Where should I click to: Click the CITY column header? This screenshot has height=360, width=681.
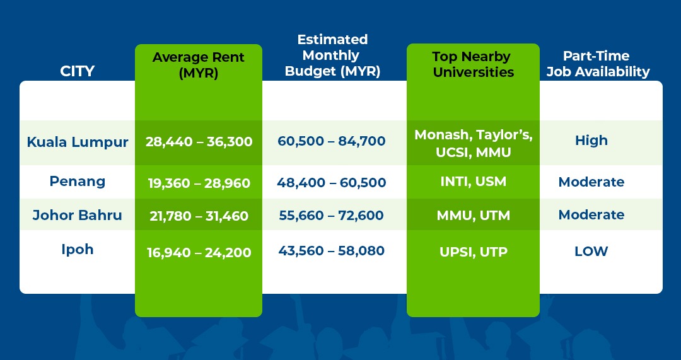pyautogui.click(x=77, y=71)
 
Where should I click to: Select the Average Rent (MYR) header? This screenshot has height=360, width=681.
pyautogui.click(x=199, y=65)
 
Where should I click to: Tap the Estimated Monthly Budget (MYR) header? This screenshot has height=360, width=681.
pyautogui.click(x=332, y=55)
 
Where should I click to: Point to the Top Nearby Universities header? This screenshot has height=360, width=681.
pyautogui.click(x=473, y=64)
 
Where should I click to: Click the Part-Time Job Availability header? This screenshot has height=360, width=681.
pyautogui.click(x=598, y=64)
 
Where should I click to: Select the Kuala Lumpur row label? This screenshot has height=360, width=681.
pyautogui.click(x=77, y=142)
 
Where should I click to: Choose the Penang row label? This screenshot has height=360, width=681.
pyautogui.click(x=77, y=182)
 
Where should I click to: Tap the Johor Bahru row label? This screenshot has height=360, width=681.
pyautogui.click(x=77, y=215)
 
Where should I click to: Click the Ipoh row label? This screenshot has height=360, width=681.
pyautogui.click(x=77, y=249)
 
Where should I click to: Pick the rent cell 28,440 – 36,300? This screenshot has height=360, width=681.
pyautogui.click(x=199, y=142)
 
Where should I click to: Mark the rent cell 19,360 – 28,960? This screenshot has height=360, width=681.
pyautogui.click(x=199, y=183)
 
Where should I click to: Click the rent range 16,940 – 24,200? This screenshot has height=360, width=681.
pyautogui.click(x=199, y=253)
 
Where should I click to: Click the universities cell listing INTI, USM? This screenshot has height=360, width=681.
pyautogui.click(x=473, y=182)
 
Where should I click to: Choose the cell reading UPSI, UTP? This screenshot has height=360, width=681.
pyautogui.click(x=473, y=252)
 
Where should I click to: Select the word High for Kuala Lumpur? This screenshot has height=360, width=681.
pyautogui.click(x=591, y=141)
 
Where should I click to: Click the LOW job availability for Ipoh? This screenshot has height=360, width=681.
pyautogui.click(x=591, y=251)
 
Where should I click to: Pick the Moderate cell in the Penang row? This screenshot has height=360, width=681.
pyautogui.click(x=591, y=182)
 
